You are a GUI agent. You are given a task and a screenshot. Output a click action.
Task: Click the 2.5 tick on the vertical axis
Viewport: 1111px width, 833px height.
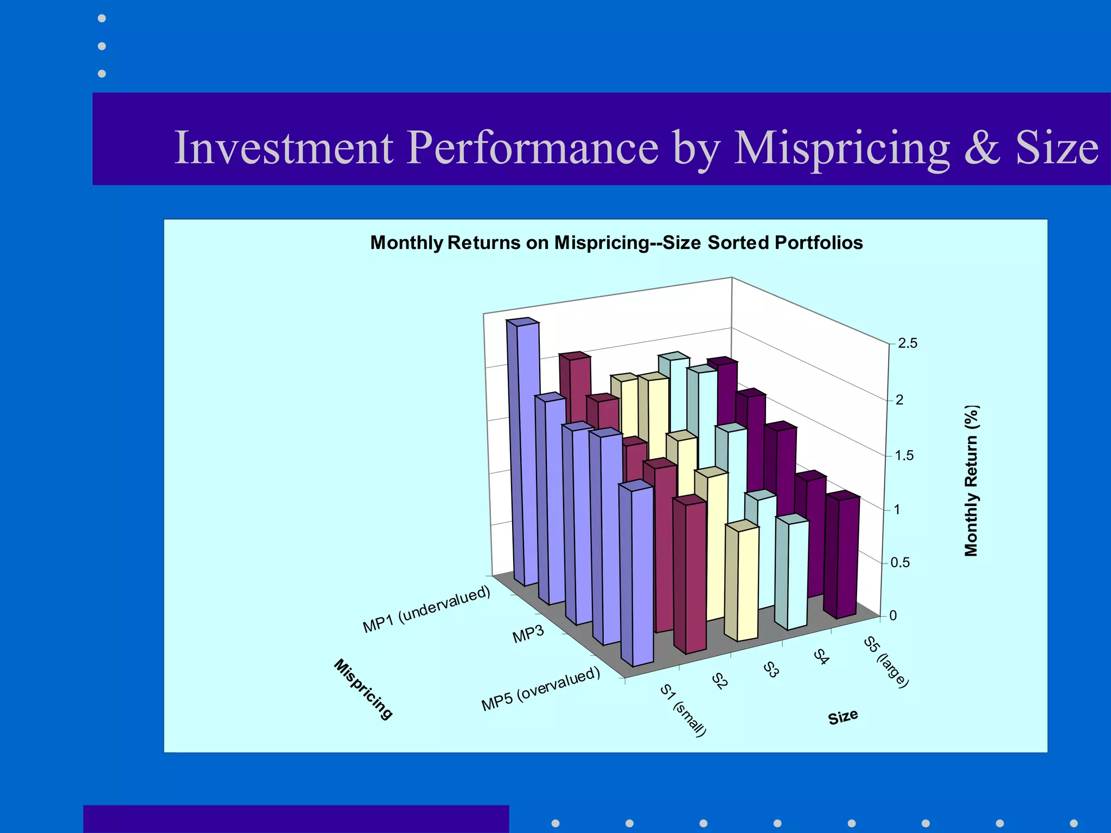[x=907, y=343]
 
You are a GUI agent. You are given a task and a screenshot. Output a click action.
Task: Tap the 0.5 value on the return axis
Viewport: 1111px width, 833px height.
[x=900, y=562]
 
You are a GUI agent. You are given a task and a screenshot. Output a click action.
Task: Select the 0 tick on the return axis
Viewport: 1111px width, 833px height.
[x=893, y=616]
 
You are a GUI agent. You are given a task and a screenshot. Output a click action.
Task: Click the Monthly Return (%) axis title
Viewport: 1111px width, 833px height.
[x=971, y=480]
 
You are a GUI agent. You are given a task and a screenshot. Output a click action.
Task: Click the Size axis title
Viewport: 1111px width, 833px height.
[x=842, y=717]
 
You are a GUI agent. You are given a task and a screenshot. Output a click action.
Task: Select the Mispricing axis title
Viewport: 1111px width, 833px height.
[x=362, y=689]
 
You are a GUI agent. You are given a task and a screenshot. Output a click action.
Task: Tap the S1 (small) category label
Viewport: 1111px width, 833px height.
[x=683, y=710]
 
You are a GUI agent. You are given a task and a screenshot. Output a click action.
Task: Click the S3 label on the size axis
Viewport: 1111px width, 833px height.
[x=771, y=669]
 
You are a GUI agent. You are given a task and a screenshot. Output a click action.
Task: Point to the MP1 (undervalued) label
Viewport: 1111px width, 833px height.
[x=426, y=609]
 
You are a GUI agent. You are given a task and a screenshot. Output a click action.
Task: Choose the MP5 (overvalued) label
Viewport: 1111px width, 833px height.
[x=541, y=688]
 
